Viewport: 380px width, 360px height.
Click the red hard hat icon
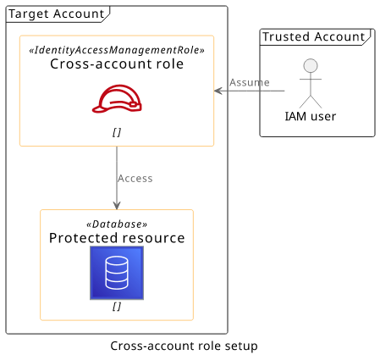[x=117, y=98]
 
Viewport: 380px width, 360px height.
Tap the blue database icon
[x=117, y=273]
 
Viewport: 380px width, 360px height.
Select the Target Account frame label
[x=57, y=14]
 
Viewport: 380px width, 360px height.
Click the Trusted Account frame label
[x=314, y=36]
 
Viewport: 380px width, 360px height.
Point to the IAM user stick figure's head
[x=311, y=66]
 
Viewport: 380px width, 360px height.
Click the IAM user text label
[x=311, y=116]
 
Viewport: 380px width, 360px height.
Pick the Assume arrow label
[x=250, y=82]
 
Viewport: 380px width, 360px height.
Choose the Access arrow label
[x=135, y=179]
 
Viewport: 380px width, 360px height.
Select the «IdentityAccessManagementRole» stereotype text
[x=117, y=50]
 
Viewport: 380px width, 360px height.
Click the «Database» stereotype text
[x=117, y=224]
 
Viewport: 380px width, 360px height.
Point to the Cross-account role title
[x=117, y=64]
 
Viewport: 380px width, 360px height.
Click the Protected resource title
[x=117, y=238]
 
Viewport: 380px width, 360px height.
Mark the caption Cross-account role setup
[x=184, y=346]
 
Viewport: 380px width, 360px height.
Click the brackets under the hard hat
[x=117, y=132]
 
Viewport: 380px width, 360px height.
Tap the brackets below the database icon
[x=117, y=306]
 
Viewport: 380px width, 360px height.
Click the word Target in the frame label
[x=29, y=14]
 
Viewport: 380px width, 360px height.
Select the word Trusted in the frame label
[x=286, y=36]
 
